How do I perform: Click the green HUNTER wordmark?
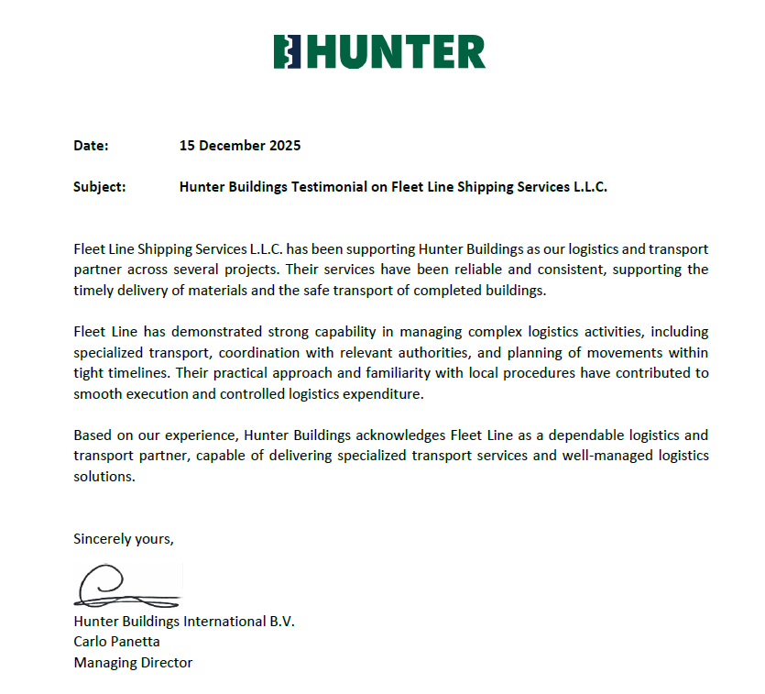[x=396, y=52]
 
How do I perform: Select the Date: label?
[x=91, y=146]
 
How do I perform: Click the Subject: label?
[x=100, y=187]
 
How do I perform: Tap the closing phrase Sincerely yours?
[x=124, y=539]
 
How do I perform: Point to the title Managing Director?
[x=133, y=662]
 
